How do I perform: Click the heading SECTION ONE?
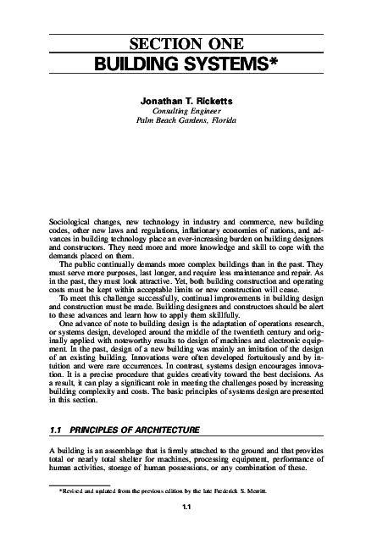pos(183,44)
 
